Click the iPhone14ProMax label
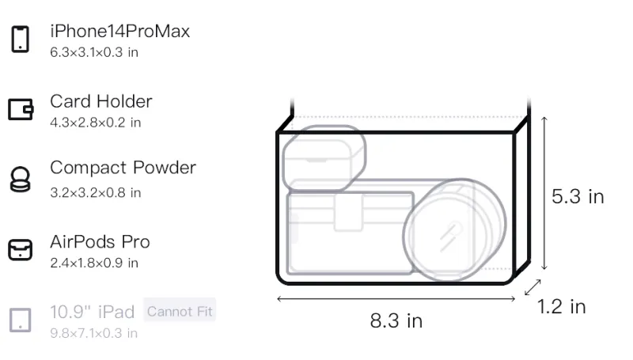point(120,32)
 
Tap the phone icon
point(21,39)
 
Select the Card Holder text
point(101,101)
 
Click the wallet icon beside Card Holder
point(21,109)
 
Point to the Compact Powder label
point(123,168)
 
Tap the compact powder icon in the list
point(20,179)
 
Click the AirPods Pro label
point(100,242)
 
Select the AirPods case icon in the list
point(21,250)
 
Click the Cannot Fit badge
point(180,312)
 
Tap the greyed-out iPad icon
point(21,320)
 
